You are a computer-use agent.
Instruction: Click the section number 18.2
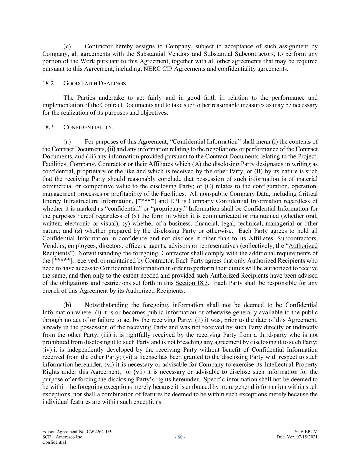(x=48, y=83)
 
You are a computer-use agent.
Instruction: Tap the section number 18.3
(x=48, y=127)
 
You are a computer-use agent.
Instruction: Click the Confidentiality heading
(x=88, y=127)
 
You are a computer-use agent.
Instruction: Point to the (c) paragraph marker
(x=67, y=46)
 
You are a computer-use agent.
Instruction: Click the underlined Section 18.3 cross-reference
(x=192, y=283)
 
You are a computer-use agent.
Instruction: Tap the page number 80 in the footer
(x=180, y=437)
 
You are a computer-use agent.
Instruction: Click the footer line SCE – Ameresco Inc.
(x=62, y=437)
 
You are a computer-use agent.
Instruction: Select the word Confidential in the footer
(x=54, y=442)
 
